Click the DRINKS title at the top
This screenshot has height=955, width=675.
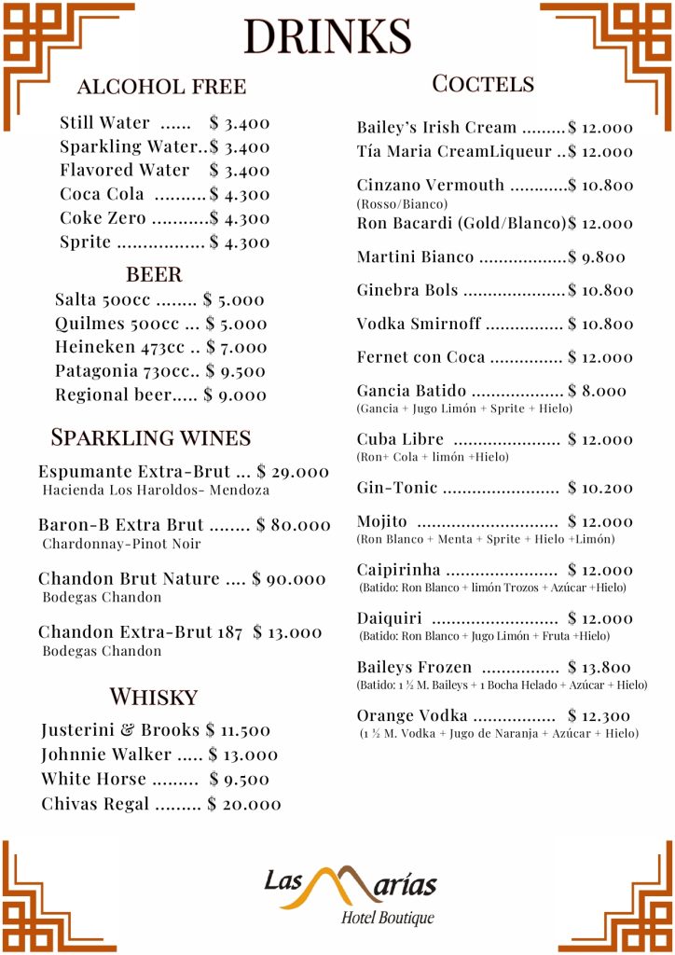coord(327,36)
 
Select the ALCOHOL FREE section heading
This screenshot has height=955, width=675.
coord(161,87)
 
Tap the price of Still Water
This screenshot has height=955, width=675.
coord(240,122)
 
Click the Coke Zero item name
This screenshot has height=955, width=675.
coord(103,218)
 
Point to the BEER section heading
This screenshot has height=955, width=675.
coord(154,274)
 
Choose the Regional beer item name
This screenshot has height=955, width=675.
coord(113,394)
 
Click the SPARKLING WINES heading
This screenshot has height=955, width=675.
coord(150,437)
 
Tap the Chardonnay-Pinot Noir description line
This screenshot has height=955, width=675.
coord(121,544)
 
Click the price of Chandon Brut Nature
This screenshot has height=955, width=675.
coord(289,579)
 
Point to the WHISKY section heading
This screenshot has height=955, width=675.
coord(154,697)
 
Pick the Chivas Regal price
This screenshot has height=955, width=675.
coord(244,804)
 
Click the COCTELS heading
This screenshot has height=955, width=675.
coord(483,84)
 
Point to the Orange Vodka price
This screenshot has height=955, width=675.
coord(599,716)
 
